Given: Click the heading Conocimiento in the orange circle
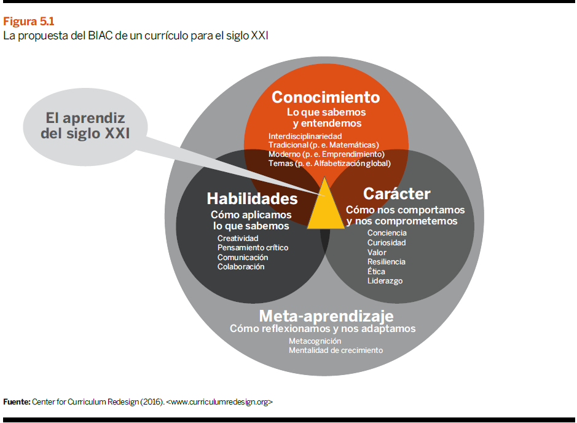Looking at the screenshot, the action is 326,97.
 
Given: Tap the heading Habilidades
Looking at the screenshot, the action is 252,199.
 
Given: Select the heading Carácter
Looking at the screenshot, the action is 397,194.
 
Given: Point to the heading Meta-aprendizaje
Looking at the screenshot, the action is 326,316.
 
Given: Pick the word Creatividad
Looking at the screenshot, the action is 238,238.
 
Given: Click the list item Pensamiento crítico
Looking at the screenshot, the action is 253,247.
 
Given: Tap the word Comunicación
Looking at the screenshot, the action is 243,258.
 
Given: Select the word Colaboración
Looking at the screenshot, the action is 241,267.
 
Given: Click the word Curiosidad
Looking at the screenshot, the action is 387,243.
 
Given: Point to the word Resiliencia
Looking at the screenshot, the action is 386,262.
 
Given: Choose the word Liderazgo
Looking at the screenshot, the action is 385,281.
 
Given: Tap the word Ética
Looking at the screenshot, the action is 376,271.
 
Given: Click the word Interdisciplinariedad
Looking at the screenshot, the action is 305,136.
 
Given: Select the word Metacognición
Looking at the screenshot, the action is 315,341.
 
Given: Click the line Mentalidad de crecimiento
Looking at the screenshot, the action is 336,350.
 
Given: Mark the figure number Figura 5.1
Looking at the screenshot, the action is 29,22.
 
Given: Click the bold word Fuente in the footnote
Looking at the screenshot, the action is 17,401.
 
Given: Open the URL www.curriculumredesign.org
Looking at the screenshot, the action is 219,401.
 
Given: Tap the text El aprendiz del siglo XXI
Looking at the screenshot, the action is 85,126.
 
